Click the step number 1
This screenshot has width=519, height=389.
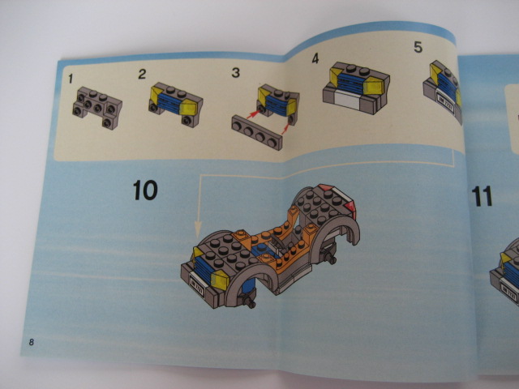[x=71, y=79]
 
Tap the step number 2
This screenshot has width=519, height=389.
[x=142, y=74]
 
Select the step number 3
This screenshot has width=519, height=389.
[x=236, y=72]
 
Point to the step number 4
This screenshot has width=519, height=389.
[x=315, y=58]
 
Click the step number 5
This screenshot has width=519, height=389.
[x=418, y=47]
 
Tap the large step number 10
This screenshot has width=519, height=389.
[x=145, y=190]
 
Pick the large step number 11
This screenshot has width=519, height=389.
[x=482, y=196]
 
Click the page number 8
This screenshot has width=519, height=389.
[x=31, y=342]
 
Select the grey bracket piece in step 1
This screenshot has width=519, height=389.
[x=97, y=108]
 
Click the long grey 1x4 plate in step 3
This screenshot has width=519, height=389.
[x=257, y=133]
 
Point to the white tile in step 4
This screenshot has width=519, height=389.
[x=347, y=100]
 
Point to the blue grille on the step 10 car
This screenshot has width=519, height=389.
[x=202, y=270]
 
